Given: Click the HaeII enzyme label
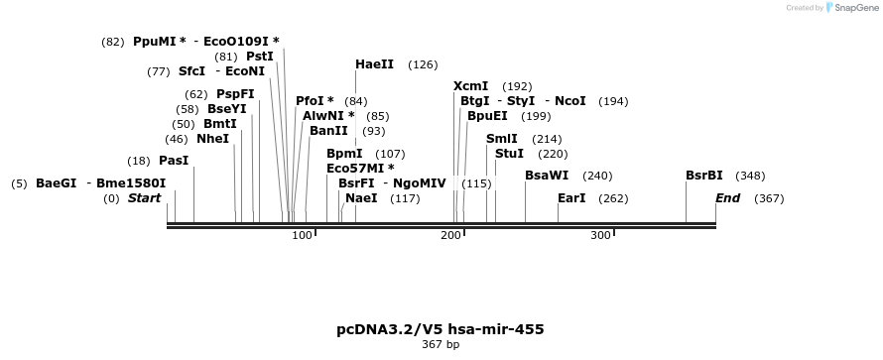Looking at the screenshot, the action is coord(374,64).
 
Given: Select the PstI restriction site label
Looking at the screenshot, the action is coord(260,57).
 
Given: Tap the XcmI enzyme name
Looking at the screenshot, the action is coord(471,86).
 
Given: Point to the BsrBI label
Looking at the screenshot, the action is coord(704,176).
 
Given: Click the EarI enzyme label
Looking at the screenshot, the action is coord(571,198).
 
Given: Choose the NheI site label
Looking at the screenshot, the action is coord(213,139).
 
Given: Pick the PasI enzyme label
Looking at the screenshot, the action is coord(174,161).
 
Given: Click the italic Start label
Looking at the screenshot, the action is coord(144,198).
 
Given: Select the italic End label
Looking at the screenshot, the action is coord(727,198).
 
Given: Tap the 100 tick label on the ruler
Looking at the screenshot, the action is coord(302,235).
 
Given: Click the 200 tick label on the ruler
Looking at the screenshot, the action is coord(451,235).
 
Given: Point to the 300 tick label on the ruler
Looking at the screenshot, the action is coord(600,235).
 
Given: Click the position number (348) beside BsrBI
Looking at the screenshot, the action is coord(751,177).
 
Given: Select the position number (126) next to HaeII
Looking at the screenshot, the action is coord(423,65).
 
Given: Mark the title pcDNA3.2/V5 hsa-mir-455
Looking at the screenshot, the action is coord(441,329).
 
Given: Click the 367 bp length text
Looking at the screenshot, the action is coord(441,344).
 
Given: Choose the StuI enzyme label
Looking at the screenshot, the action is coord(509,154).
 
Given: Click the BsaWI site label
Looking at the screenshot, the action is coord(547,176).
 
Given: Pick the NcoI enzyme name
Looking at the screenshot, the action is coord(569,101).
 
